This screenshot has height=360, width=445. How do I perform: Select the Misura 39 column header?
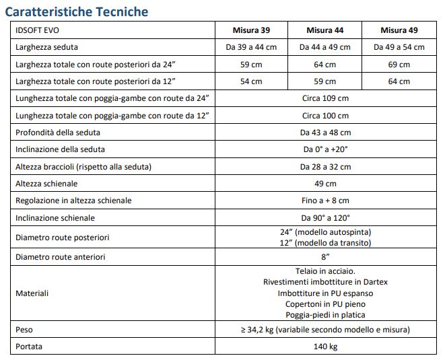pyautogui.click(x=250, y=30)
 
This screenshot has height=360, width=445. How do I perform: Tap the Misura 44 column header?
pyautogui.click(x=324, y=30)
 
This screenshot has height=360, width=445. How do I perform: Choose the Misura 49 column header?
pyautogui.click(x=399, y=30)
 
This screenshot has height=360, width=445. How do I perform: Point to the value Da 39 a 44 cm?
pyautogui.click(x=250, y=47)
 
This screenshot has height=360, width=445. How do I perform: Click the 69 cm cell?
pyautogui.click(x=399, y=65)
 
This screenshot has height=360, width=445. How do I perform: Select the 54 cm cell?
pyautogui.click(x=250, y=81)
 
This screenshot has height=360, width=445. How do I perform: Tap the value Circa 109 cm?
pyautogui.click(x=325, y=98)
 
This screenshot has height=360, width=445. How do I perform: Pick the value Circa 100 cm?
pyautogui.click(x=325, y=116)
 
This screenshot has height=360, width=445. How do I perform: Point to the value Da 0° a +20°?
pyautogui.click(x=325, y=149)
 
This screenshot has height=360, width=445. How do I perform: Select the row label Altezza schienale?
pyautogui.click(x=46, y=184)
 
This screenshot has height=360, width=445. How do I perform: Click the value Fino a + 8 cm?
pyautogui.click(x=325, y=201)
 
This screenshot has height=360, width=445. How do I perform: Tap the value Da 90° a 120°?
pyautogui.click(x=325, y=218)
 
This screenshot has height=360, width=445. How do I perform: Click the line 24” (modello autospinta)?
pyautogui.click(x=325, y=232)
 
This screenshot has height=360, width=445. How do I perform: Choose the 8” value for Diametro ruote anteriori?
pyautogui.click(x=325, y=257)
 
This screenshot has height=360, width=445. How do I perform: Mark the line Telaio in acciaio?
pyautogui.click(x=325, y=271)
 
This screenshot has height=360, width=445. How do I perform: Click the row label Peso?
pyautogui.click(x=24, y=330)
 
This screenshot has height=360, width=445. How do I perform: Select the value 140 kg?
pyautogui.click(x=325, y=347)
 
